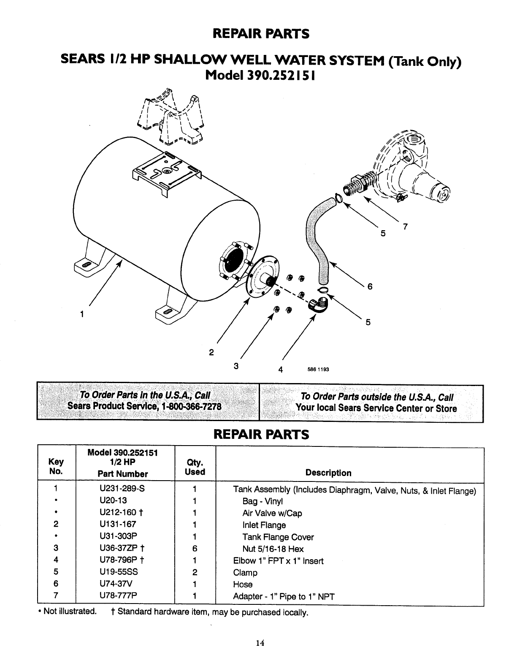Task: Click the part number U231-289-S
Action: coord(122,489)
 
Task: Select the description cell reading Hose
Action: coord(243,585)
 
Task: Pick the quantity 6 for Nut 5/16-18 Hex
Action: coord(195,549)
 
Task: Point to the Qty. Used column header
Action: coord(195,467)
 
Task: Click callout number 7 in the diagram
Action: coord(405,227)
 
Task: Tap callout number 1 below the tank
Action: coord(82,314)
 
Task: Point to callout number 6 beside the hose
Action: coord(370,286)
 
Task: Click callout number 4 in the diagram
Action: coord(280,370)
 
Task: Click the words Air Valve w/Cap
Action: coord(272,513)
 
